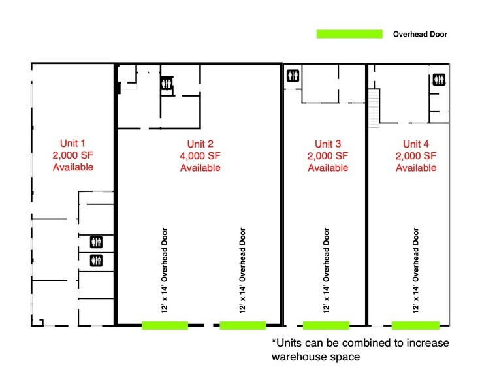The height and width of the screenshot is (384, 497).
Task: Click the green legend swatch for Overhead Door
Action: pyautogui.click(x=349, y=34)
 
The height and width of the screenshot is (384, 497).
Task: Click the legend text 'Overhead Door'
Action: pyautogui.click(x=420, y=34)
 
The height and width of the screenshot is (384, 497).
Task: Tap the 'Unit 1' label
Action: pyautogui.click(x=72, y=143)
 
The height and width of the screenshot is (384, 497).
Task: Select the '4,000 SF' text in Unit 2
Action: pyautogui.click(x=200, y=156)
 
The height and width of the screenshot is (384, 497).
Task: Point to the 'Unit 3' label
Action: pyautogui.click(x=328, y=144)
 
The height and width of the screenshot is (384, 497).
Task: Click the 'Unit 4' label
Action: pyautogui.click(x=416, y=144)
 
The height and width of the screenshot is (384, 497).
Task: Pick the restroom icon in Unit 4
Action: pyautogui.click(x=438, y=79)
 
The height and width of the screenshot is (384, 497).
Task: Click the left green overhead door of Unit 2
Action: pyautogui.click(x=165, y=325)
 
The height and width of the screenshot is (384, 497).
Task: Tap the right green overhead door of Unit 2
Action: pyautogui.click(x=242, y=325)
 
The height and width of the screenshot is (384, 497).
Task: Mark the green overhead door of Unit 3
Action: pyautogui.click(x=326, y=325)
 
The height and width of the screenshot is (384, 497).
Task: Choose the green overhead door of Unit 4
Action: pyautogui.click(x=415, y=325)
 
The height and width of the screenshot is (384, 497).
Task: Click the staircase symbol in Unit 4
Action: pyautogui.click(x=374, y=108)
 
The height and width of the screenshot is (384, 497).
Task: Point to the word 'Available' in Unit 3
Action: pyautogui.click(x=328, y=168)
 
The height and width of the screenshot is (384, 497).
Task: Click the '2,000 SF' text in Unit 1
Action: pyautogui.click(x=72, y=155)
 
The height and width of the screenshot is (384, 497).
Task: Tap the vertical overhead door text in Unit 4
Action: pyautogui.click(x=415, y=271)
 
